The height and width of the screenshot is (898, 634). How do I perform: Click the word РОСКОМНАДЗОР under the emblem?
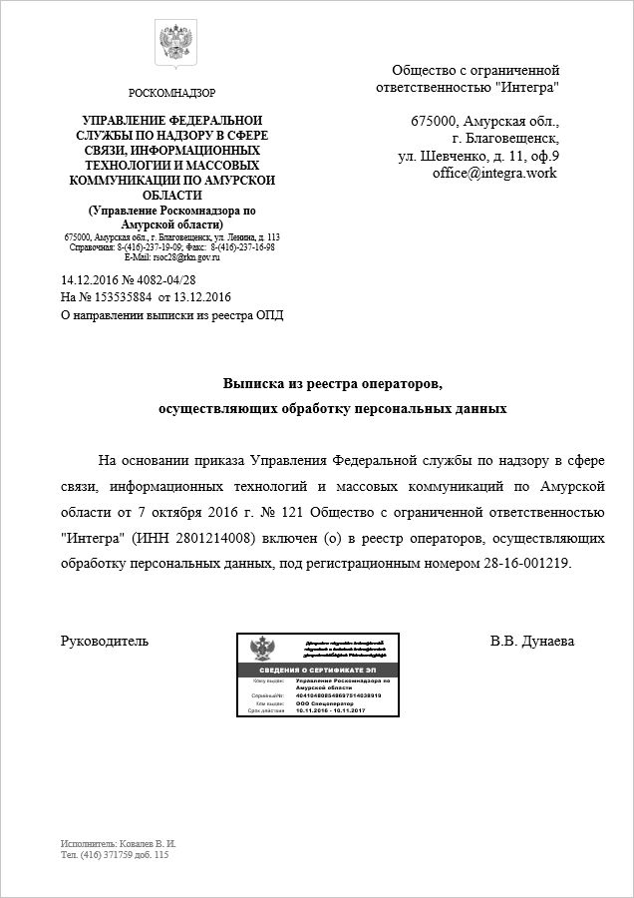tap(171, 93)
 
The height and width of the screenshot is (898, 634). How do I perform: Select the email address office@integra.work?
tap(493, 173)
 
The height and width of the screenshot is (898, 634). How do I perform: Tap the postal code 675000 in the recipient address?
tap(437, 122)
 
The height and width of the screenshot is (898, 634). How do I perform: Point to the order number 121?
tap(263, 513)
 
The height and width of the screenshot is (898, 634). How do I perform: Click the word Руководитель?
tap(105, 641)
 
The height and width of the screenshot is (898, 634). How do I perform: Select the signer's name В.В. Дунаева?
tap(531, 641)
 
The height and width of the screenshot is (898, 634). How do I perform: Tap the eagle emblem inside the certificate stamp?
tap(263, 649)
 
